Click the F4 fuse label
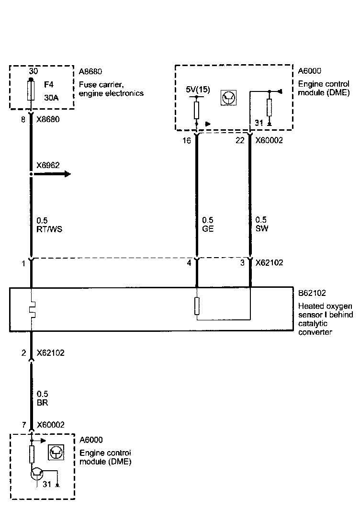point(49,84)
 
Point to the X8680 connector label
point(48,120)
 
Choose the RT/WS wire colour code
point(50,229)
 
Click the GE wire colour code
point(208,229)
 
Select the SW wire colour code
point(262,228)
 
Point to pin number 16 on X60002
point(187,141)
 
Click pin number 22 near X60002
point(240,141)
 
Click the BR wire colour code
point(42,403)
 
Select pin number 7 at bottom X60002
point(23,425)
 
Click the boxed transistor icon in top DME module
point(228,98)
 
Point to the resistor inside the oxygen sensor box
point(197,306)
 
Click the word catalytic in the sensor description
point(312,324)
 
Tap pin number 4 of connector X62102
point(189,263)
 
